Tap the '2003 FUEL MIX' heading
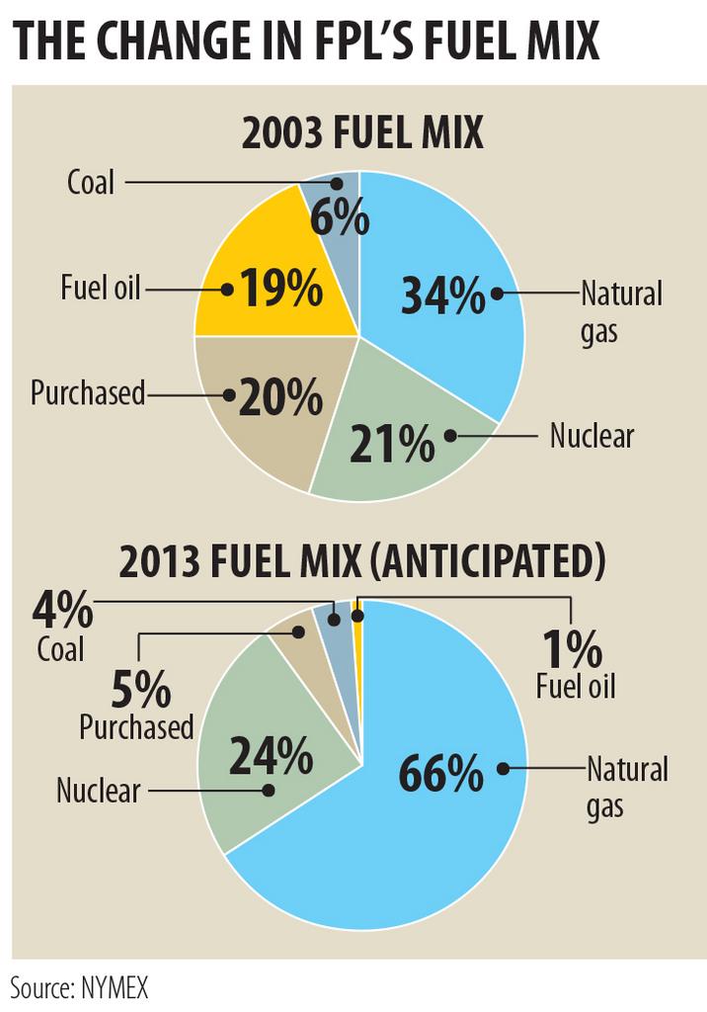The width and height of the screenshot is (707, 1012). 362,132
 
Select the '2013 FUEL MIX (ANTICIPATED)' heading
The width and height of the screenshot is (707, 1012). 361,562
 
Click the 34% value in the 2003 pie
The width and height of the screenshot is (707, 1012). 443,295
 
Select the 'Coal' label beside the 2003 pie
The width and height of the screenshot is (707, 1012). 91,183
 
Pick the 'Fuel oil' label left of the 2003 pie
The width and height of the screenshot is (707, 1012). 101,290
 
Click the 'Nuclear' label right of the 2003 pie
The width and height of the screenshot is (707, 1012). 591,435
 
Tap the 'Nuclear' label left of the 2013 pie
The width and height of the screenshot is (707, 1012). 98,790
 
